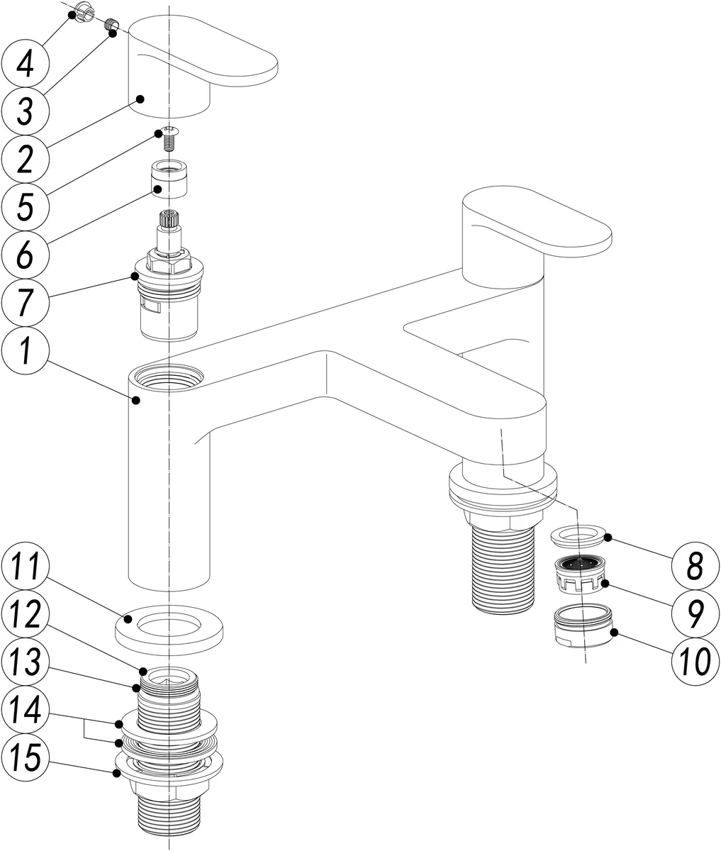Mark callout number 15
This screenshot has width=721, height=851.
pos(25,761)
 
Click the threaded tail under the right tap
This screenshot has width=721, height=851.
pos(503,567)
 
